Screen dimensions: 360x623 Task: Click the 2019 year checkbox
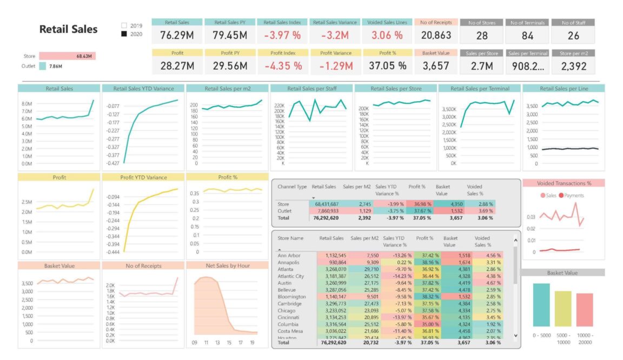(x=124, y=25)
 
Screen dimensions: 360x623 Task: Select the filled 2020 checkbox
(x=124, y=34)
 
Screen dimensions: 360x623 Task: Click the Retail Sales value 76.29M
(x=177, y=36)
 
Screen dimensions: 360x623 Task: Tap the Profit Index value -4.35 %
(x=283, y=66)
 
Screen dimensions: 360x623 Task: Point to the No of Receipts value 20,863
(x=436, y=36)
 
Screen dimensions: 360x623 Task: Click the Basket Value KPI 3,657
(x=436, y=66)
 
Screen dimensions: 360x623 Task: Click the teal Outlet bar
(x=42, y=66)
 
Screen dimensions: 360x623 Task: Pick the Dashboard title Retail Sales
(x=69, y=29)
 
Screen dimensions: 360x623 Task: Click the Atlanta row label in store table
(x=286, y=269)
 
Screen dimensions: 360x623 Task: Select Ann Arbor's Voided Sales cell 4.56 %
(x=489, y=255)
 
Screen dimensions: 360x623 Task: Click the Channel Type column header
(x=292, y=186)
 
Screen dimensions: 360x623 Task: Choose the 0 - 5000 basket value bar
(x=541, y=305)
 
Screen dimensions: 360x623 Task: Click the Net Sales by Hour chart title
(x=227, y=265)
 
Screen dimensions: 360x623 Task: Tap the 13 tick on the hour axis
(x=217, y=343)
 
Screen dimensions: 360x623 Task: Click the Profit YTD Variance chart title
(x=143, y=177)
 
